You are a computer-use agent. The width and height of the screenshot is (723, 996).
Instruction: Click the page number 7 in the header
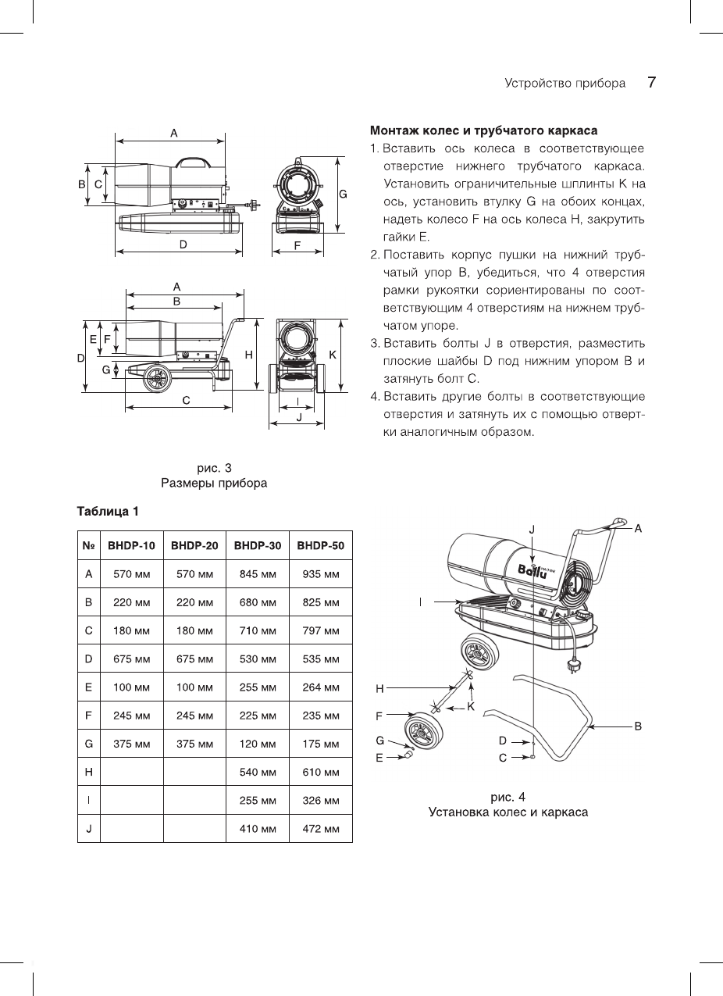pyautogui.click(x=651, y=83)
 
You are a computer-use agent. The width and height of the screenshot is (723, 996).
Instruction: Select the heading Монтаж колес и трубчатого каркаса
pyautogui.click(x=483, y=130)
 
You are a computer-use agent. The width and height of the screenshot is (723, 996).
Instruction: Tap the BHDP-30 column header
pyautogui.click(x=258, y=546)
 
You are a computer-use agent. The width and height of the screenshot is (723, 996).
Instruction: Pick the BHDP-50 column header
pyautogui.click(x=321, y=546)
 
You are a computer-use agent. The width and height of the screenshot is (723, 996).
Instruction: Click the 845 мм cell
pyautogui.click(x=258, y=574)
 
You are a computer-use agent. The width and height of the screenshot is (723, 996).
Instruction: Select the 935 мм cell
pyautogui.click(x=321, y=574)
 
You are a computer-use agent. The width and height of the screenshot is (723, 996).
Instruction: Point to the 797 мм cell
pyautogui.click(x=321, y=630)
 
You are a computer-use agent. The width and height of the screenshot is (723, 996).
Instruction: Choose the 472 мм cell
pyautogui.click(x=321, y=829)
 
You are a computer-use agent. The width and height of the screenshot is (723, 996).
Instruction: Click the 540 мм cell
pyautogui.click(x=258, y=773)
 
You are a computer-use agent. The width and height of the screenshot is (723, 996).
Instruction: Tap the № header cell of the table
pyautogui.click(x=88, y=546)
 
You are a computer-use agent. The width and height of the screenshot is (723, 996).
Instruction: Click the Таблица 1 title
pyautogui.click(x=108, y=512)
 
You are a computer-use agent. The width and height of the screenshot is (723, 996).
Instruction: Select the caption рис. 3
pyautogui.click(x=214, y=468)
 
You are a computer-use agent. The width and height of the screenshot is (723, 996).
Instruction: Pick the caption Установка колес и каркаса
pyautogui.click(x=508, y=812)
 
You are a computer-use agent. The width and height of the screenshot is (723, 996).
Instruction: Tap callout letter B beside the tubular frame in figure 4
pyautogui.click(x=638, y=726)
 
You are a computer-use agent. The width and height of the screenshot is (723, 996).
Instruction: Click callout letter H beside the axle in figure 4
pyautogui.click(x=380, y=688)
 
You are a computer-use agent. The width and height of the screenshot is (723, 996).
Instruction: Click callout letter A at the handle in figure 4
pyautogui.click(x=638, y=529)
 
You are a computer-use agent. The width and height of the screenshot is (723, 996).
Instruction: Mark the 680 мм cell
pyautogui.click(x=258, y=602)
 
